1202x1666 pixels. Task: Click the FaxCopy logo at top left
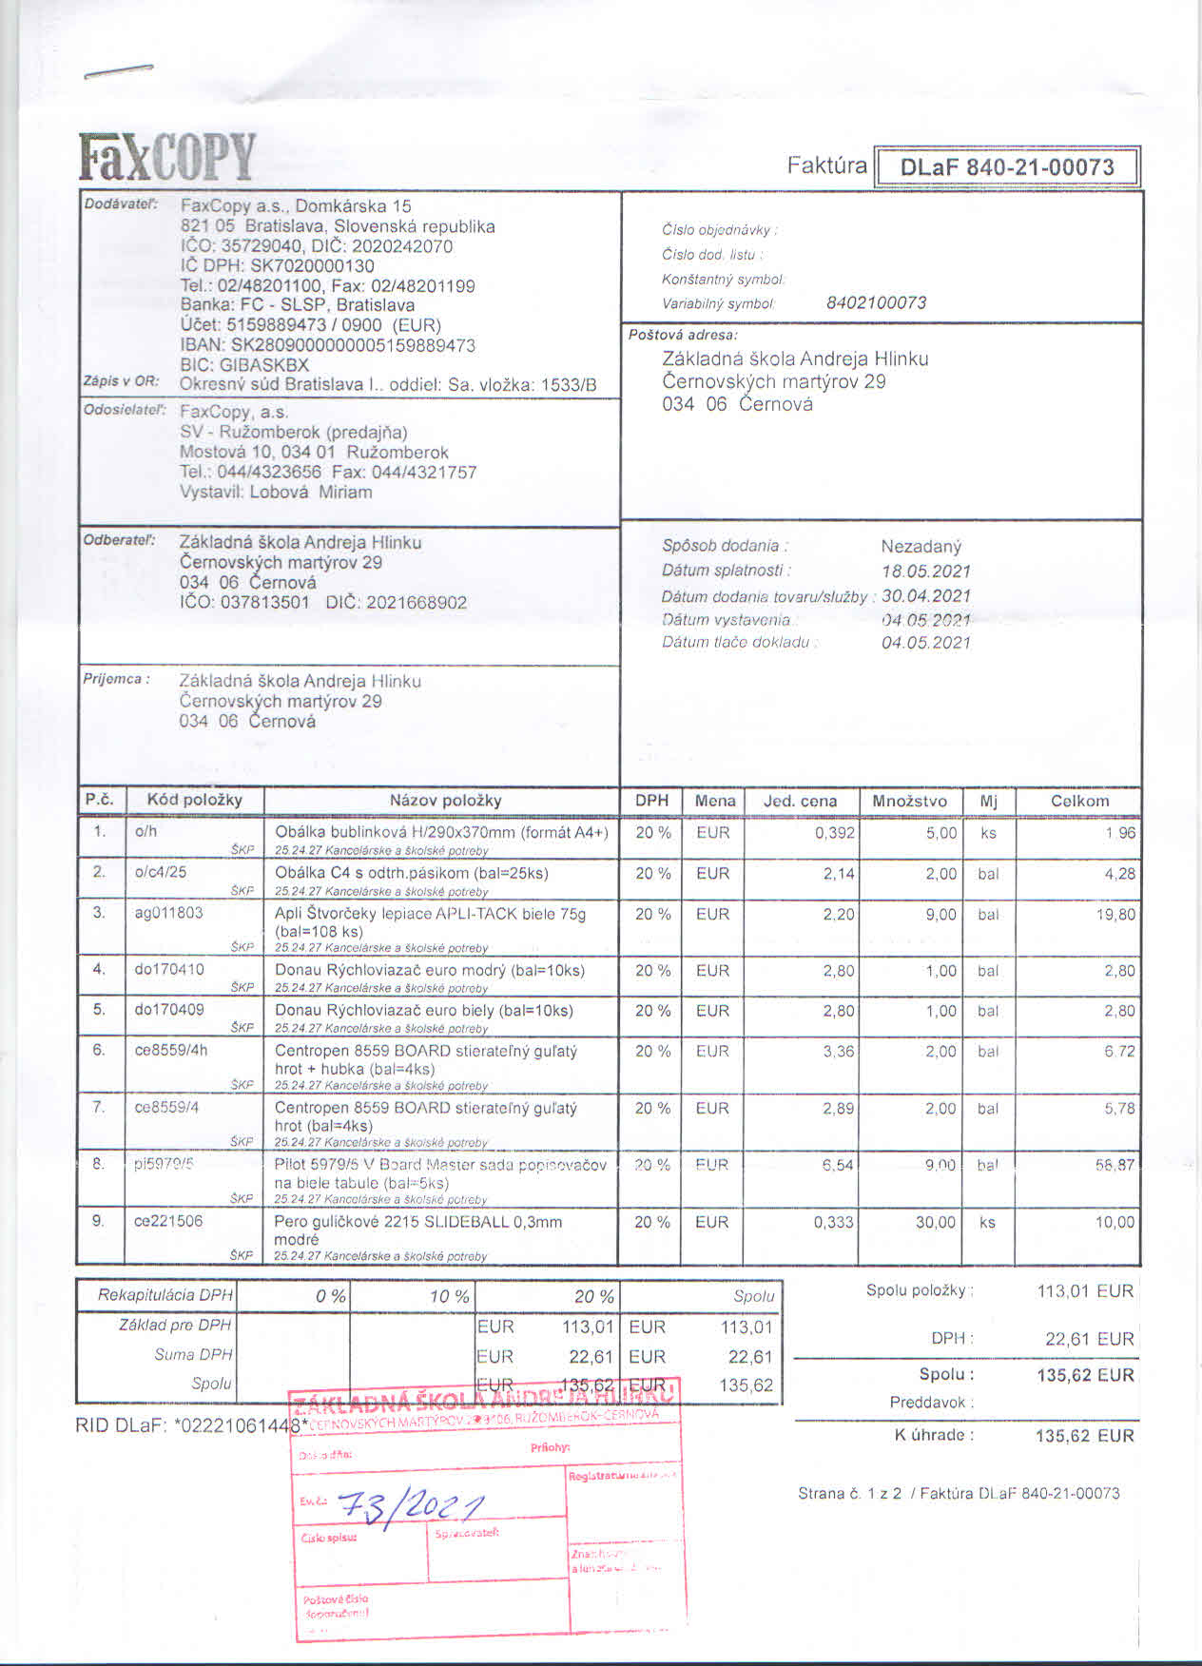tap(167, 158)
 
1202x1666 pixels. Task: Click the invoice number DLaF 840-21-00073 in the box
tap(1006, 167)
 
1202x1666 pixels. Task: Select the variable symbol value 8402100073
tap(876, 303)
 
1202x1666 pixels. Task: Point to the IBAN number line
tap(328, 345)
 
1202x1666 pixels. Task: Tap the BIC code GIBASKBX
tap(244, 365)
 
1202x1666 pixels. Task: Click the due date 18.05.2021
tap(925, 571)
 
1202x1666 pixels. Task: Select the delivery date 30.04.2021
tap(925, 596)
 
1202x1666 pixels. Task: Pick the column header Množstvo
tap(909, 801)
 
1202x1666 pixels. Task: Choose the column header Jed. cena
tap(800, 801)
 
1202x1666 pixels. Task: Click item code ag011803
tap(168, 913)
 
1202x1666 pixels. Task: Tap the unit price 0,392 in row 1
tap(834, 833)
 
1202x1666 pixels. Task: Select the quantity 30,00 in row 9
tap(935, 1222)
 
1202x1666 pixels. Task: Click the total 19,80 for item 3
tap(1115, 915)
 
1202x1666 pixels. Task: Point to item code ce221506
tap(168, 1221)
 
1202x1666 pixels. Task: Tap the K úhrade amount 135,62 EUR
tap(1084, 1436)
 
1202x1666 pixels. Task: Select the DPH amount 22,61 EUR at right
tap(1089, 1339)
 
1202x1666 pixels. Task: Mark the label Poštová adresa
tap(683, 335)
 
